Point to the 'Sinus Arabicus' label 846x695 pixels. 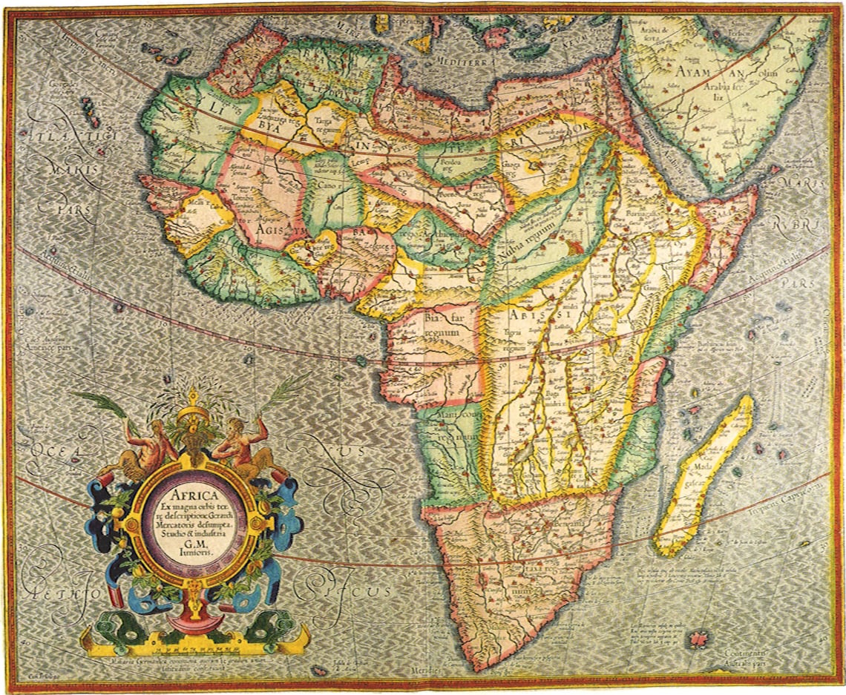660,152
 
